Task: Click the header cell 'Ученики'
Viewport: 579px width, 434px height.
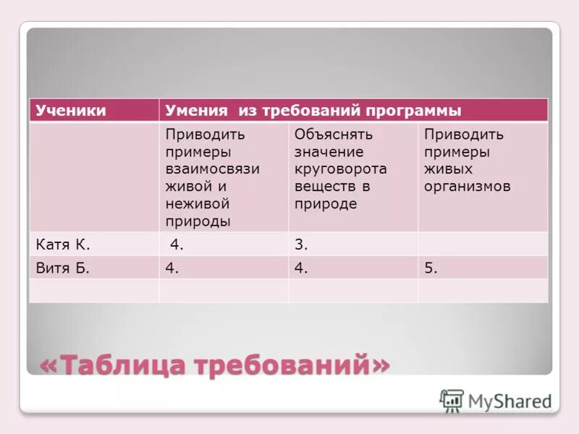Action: coord(71,111)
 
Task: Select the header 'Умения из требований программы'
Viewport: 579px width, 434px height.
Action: coord(313,111)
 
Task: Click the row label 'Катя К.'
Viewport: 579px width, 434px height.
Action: coord(63,244)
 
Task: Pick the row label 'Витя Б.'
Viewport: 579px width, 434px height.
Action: coord(63,268)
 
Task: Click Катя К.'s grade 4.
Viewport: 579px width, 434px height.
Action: coord(177,244)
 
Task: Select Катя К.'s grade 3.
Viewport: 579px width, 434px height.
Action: coord(301,244)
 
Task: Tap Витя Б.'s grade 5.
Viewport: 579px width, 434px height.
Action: coord(431,268)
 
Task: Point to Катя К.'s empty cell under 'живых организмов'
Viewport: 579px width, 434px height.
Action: coord(482,244)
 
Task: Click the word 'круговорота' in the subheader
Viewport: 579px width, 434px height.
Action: coord(340,169)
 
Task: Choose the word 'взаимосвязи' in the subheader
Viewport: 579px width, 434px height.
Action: coord(212,169)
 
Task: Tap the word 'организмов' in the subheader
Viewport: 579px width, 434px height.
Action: coord(467,186)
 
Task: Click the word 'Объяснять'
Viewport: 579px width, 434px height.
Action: coord(333,135)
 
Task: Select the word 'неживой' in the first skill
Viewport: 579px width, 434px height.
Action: coord(198,204)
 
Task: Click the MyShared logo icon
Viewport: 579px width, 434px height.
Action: coord(452,401)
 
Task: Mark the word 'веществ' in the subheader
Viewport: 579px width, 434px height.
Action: coord(321,186)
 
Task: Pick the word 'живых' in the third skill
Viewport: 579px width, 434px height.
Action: coord(448,169)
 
